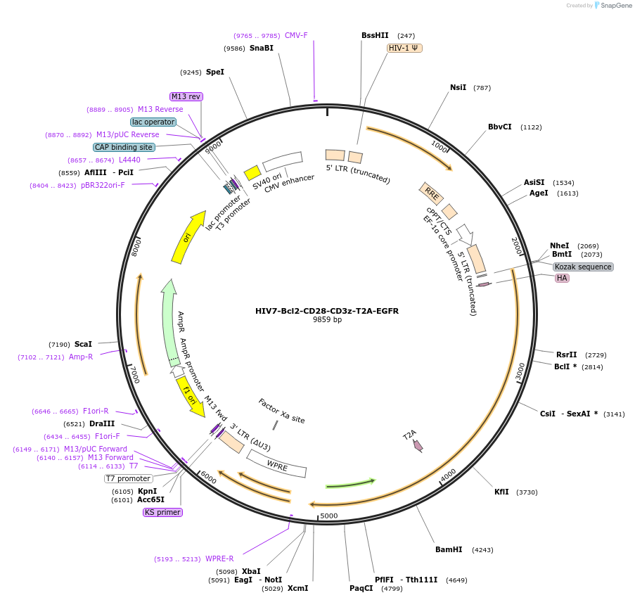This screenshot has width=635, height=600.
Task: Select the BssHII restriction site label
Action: pyautogui.click(x=375, y=35)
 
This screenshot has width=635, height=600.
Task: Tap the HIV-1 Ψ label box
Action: pyautogui.click(x=404, y=48)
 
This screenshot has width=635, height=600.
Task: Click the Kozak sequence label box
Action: pyautogui.click(x=583, y=267)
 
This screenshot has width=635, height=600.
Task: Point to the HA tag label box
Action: pyautogui.click(x=562, y=278)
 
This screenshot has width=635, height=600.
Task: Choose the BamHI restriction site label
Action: pyautogui.click(x=449, y=549)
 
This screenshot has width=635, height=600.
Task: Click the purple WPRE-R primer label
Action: pyautogui.click(x=219, y=558)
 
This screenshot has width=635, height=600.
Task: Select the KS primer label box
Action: pyautogui.click(x=162, y=512)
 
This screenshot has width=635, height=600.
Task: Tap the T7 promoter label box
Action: pyautogui.click(x=129, y=478)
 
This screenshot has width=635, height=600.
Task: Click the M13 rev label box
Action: pyautogui.click(x=186, y=96)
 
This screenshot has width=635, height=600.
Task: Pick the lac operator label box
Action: pyautogui.click(x=153, y=122)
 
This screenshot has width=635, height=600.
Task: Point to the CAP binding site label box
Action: pyautogui.click(x=124, y=147)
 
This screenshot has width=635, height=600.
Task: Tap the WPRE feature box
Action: pyautogui.click(x=277, y=466)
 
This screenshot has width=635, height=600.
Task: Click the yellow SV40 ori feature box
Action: pyautogui.click(x=252, y=173)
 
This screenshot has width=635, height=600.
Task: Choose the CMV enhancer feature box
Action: pyautogui.click(x=283, y=162)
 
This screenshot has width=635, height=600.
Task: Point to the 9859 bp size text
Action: pyautogui.click(x=327, y=320)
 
